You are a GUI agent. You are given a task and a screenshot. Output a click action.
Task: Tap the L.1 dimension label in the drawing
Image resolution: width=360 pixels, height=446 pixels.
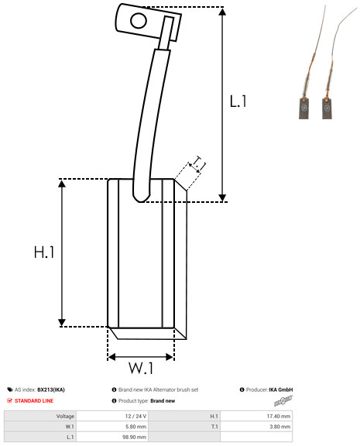238,101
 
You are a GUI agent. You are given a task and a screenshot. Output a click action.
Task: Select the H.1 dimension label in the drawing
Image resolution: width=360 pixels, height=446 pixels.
43,252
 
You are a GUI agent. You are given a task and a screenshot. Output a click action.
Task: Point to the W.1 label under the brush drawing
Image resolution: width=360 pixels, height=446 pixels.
141,366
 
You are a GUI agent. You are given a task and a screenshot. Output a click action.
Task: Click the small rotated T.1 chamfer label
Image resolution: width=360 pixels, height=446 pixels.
197,163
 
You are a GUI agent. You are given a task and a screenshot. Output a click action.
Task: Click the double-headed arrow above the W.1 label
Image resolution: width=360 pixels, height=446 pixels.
141,357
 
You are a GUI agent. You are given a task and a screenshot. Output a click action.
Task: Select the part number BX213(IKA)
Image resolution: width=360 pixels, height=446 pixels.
51,389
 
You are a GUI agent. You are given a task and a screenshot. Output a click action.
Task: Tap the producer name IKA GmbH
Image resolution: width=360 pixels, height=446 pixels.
281,389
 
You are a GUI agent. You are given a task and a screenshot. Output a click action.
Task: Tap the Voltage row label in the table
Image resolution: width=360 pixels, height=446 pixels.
65,416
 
